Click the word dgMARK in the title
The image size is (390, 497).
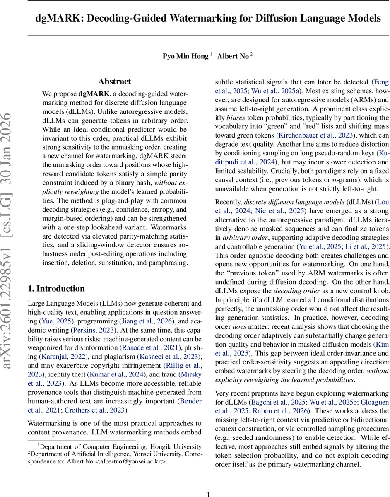[x=56, y=18]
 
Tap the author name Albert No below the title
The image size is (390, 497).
[x=233, y=56]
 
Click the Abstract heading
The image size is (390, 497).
[x=114, y=82]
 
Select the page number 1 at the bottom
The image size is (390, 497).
[x=209, y=494]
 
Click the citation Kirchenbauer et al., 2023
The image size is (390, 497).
[x=311, y=135]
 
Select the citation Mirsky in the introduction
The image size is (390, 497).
[x=193, y=374]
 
